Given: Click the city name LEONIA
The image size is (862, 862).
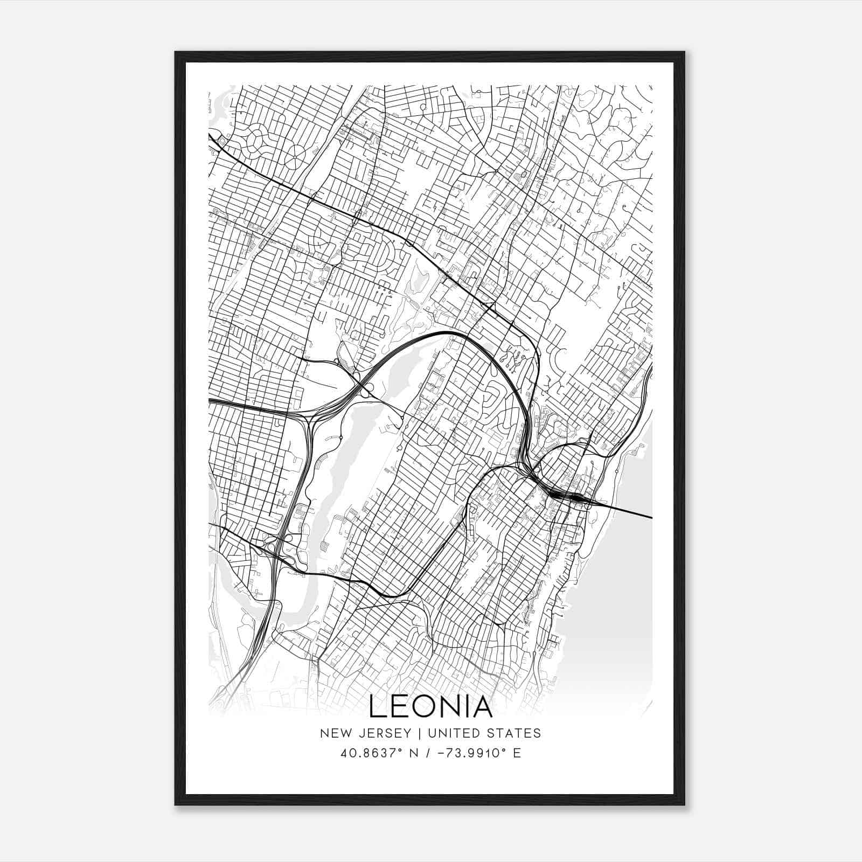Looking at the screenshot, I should pos(430,707).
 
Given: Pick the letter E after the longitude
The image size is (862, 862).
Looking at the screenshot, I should pos(517,753).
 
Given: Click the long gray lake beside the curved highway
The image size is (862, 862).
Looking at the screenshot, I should pos(345,453).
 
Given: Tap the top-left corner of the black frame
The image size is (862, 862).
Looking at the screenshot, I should pos(176,53).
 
